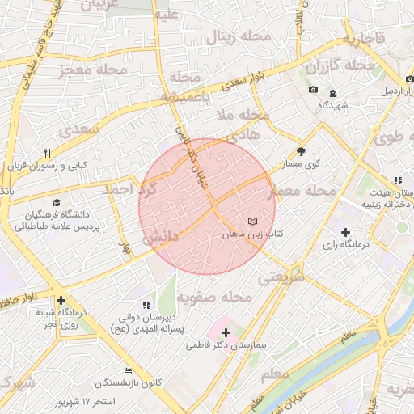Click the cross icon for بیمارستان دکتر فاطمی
(x=226, y=332)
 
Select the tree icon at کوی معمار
(x=302, y=150)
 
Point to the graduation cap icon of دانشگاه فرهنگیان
(x=56, y=203)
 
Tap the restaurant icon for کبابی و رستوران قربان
(x=48, y=153)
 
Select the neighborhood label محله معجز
(x=94, y=71)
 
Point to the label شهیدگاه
(x=332, y=105)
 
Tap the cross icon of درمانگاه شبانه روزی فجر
(x=61, y=301)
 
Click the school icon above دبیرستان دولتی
(x=146, y=305)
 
